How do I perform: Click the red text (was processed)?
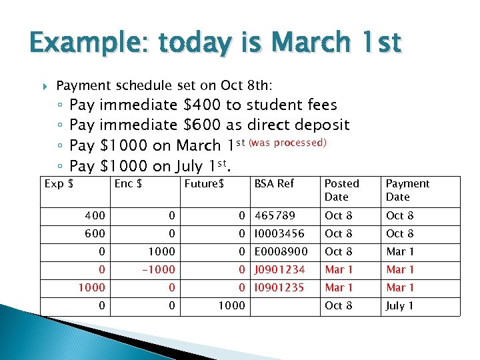(287, 143)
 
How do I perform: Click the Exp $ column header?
(59, 183)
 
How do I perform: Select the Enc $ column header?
(128, 183)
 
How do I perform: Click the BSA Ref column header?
(274, 183)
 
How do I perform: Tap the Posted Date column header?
(342, 190)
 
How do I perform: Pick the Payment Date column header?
(407, 190)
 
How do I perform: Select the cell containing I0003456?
(279, 233)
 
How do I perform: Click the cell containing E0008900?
(281, 251)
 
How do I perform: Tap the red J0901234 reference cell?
(279, 269)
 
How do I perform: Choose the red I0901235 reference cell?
(279, 287)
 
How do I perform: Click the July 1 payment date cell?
(400, 305)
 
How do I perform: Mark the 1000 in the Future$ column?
(232, 305)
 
